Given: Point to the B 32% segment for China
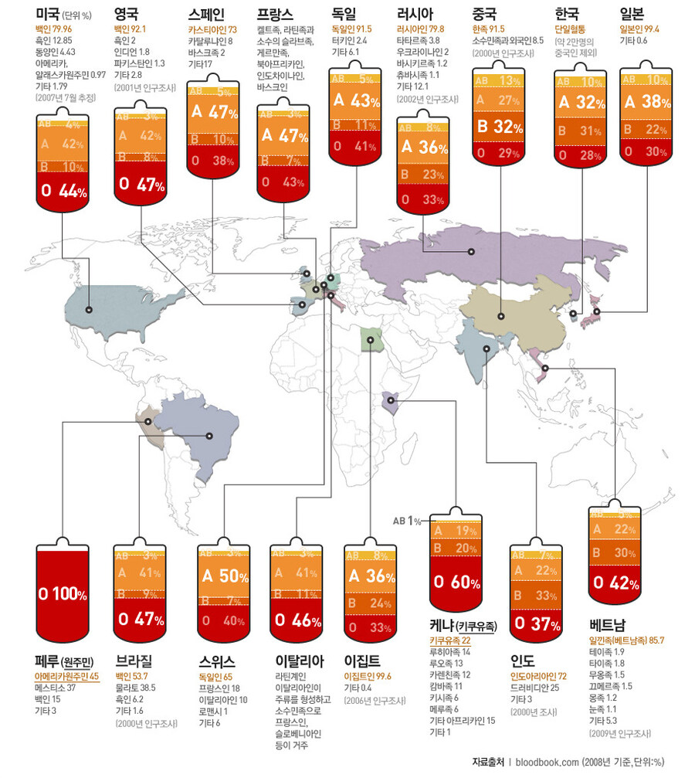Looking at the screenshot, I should (497, 127).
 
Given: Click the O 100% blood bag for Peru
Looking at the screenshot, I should (63, 593).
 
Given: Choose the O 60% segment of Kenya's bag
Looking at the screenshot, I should (455, 581).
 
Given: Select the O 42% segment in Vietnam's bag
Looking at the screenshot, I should (615, 583).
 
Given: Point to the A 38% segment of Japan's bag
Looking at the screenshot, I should (646, 101).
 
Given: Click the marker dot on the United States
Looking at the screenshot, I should (89, 309).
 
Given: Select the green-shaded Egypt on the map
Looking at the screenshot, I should (371, 338).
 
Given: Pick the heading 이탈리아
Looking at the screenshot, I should (300, 661).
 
